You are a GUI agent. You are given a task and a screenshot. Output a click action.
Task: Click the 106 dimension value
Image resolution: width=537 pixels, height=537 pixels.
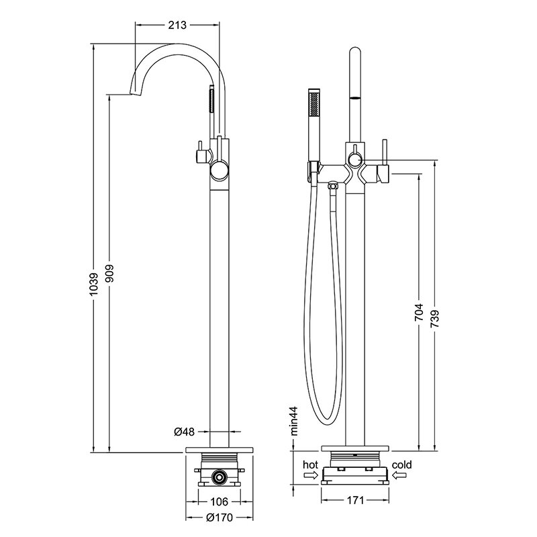(x=219, y=501)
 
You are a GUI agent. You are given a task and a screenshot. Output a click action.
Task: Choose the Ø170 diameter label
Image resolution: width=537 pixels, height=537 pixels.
(x=218, y=517)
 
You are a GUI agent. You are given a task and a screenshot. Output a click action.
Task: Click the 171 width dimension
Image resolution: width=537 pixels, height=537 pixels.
(x=356, y=501)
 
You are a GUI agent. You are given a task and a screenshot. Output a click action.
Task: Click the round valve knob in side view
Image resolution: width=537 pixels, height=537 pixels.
(x=219, y=171)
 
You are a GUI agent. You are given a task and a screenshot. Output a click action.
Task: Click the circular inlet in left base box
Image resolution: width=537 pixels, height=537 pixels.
(x=218, y=477)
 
